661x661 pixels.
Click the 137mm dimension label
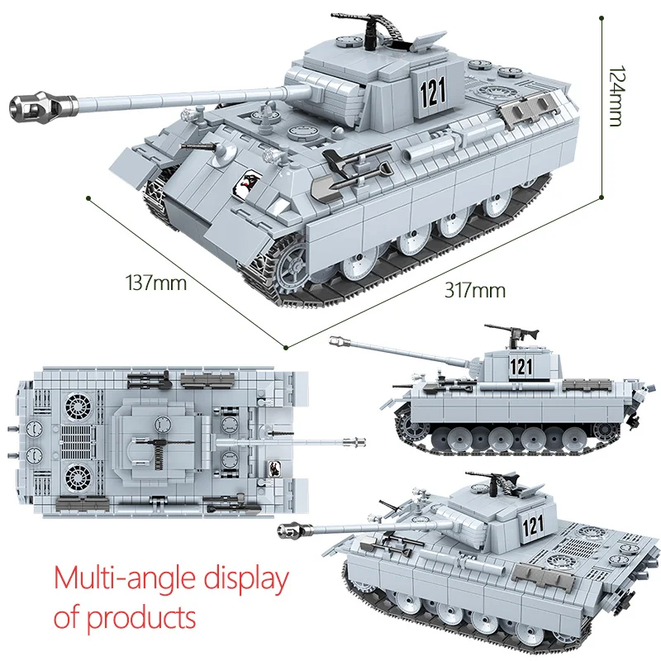click(x=155, y=283)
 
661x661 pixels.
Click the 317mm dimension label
click(x=474, y=290)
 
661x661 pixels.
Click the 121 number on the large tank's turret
click(x=432, y=91)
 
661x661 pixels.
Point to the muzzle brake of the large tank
click(x=34, y=106)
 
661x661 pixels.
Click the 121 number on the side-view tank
click(x=521, y=366)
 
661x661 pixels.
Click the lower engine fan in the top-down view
click(x=80, y=477)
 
